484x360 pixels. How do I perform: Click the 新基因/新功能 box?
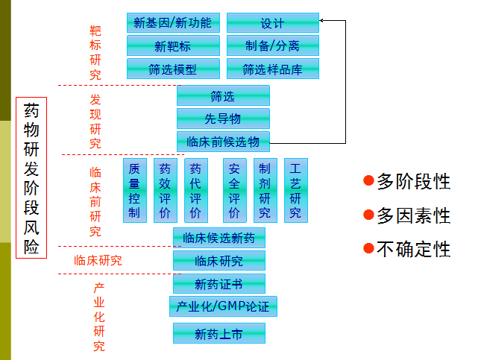[x=172, y=23]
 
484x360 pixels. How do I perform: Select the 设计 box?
[x=272, y=23]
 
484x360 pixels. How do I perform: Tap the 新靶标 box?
[x=172, y=46]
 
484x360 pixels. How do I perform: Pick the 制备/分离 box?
[x=272, y=46]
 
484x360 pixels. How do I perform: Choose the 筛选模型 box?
[x=172, y=69]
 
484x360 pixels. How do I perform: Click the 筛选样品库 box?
[x=272, y=69]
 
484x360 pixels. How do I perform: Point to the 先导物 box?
[x=223, y=119]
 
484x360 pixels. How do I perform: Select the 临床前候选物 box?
[x=223, y=142]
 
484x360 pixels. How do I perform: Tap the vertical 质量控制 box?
[x=134, y=190]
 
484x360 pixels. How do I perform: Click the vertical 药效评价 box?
[x=165, y=190]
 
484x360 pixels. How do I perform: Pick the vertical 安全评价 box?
[x=234, y=190]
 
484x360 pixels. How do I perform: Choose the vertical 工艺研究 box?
[x=295, y=190]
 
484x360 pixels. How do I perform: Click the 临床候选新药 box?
[x=219, y=239]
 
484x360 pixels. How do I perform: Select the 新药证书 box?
[x=219, y=284]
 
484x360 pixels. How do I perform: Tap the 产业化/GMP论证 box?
[x=223, y=306]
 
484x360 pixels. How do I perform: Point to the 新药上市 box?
[x=219, y=335]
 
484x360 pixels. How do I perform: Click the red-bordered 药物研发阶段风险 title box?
[x=31, y=177]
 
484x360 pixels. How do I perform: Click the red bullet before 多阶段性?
[x=368, y=180]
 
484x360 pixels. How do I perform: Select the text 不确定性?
[x=413, y=250]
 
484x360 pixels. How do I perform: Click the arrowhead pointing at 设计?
[x=323, y=21]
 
